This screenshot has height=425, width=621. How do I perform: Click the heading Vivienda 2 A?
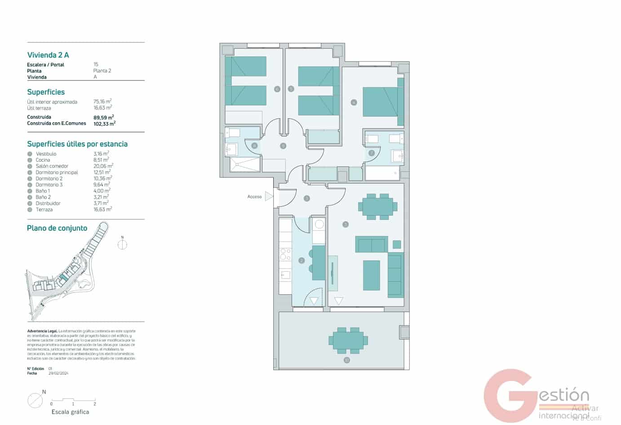coord(48,55)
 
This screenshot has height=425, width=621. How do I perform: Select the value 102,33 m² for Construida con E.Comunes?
coord(104,124)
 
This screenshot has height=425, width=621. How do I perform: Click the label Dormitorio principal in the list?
coord(57,173)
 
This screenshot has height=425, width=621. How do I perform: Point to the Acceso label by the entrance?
coord(254,197)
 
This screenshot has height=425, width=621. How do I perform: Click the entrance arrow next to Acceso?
coord(269,196)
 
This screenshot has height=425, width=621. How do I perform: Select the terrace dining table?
coord(348,340)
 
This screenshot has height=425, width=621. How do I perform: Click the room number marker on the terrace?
coord(346,360)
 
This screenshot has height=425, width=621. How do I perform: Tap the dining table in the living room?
coord(377,207)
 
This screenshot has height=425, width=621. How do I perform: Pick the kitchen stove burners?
coord(285,254)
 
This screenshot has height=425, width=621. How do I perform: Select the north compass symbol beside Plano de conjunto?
coord(122,244)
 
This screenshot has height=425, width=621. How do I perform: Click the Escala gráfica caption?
coord(70,412)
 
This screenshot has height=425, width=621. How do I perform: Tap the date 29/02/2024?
coord(58,373)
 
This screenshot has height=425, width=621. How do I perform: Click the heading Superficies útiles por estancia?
coord(77,144)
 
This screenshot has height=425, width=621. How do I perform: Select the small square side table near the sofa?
coord(396,244)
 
